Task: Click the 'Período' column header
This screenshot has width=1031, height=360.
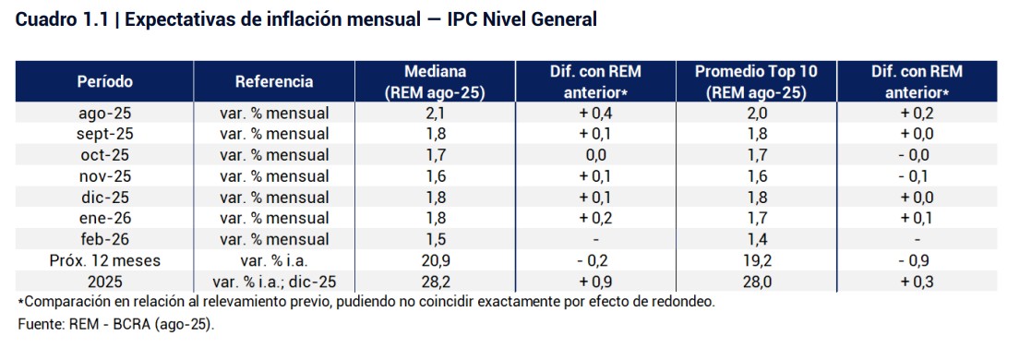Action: coord(104,81)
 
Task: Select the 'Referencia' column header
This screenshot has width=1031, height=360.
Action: coord(274,81)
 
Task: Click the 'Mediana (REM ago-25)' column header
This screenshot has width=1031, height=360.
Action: coord(435,81)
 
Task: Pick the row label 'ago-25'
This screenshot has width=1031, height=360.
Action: coord(104,113)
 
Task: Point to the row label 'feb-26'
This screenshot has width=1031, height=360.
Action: coord(104,240)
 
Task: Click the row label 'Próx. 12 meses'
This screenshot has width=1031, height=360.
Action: coord(104,261)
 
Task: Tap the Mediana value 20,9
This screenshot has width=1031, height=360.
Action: coord(435,261)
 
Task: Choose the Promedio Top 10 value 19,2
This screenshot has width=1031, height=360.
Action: coord(756,261)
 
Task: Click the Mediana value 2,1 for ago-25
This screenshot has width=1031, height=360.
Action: coord(435,113)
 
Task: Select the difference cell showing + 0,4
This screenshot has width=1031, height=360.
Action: coord(595,113)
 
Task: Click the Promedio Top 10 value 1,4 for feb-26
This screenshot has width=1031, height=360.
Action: coord(756,240)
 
